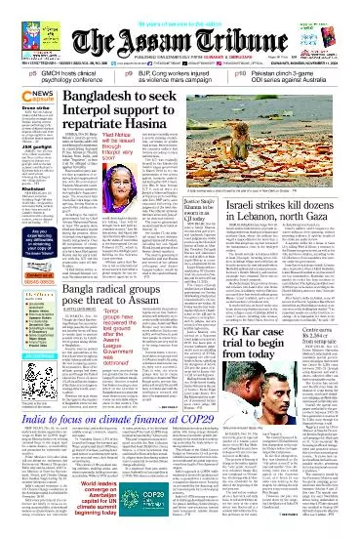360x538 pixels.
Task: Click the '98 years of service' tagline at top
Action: click(180, 7)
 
